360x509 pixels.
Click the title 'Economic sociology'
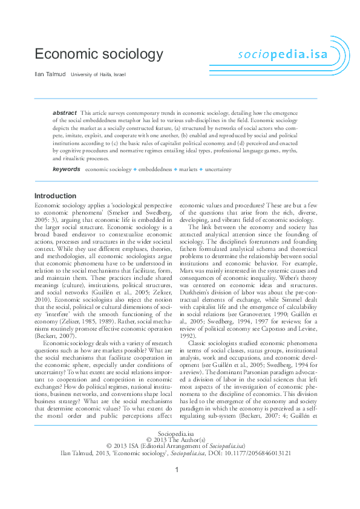click(x=99, y=54)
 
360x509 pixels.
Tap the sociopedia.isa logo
click(x=278, y=54)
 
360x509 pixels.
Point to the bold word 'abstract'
click(x=65, y=113)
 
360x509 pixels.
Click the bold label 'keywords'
click(x=66, y=169)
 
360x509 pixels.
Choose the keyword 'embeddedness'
click(x=154, y=170)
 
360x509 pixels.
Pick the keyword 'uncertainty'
click(x=218, y=170)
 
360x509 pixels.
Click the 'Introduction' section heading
click(x=56, y=196)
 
